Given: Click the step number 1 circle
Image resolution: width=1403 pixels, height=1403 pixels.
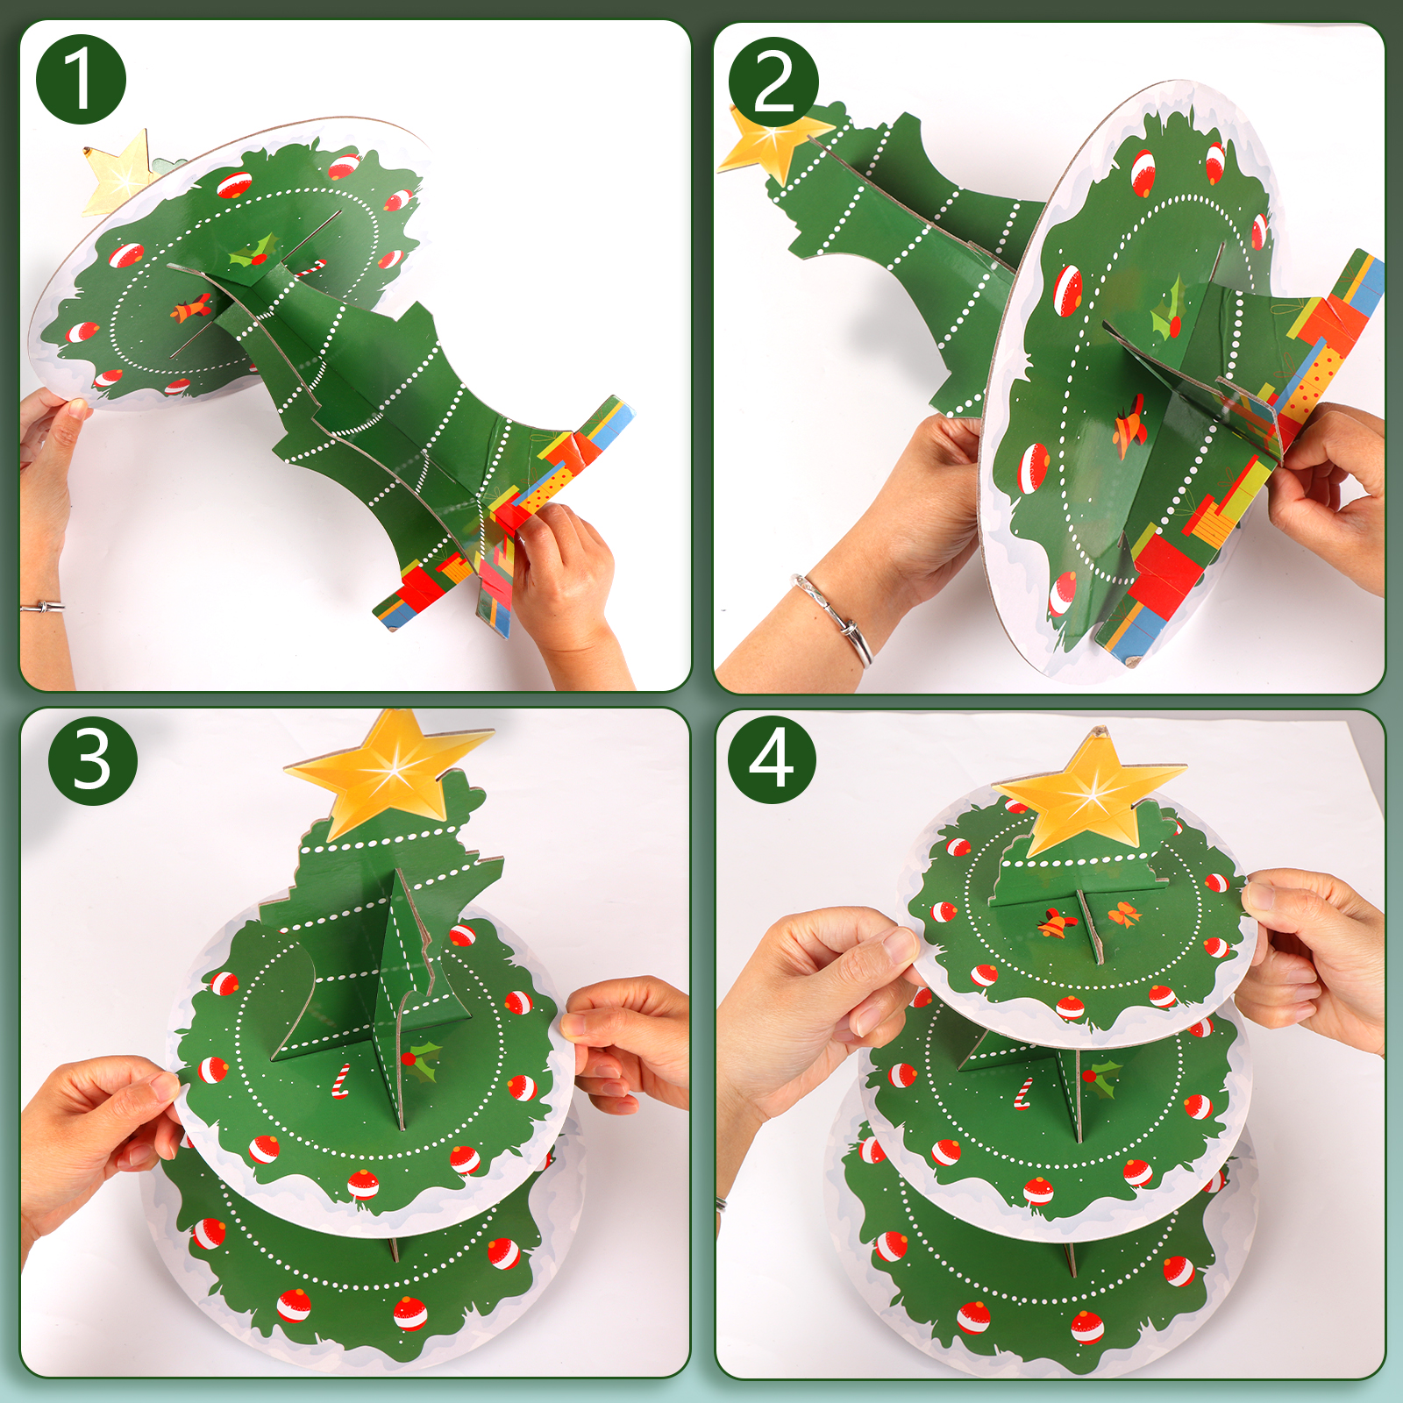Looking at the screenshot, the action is tap(81, 79).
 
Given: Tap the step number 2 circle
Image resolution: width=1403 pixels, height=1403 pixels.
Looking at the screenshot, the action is tap(773, 82).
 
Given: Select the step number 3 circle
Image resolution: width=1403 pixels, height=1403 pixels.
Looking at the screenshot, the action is tap(93, 759).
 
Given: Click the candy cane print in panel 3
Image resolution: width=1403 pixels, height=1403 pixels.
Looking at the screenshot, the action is tap(340, 1080).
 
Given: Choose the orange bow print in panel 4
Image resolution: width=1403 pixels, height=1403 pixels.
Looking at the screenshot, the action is tap(1124, 915).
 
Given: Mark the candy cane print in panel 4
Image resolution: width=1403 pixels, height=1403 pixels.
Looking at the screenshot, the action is tap(1022, 1093).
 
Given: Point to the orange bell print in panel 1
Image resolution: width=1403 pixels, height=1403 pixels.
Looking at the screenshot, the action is tap(191, 309).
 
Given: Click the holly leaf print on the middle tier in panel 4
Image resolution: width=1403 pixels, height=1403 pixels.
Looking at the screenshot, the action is tap(1101, 1077).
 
